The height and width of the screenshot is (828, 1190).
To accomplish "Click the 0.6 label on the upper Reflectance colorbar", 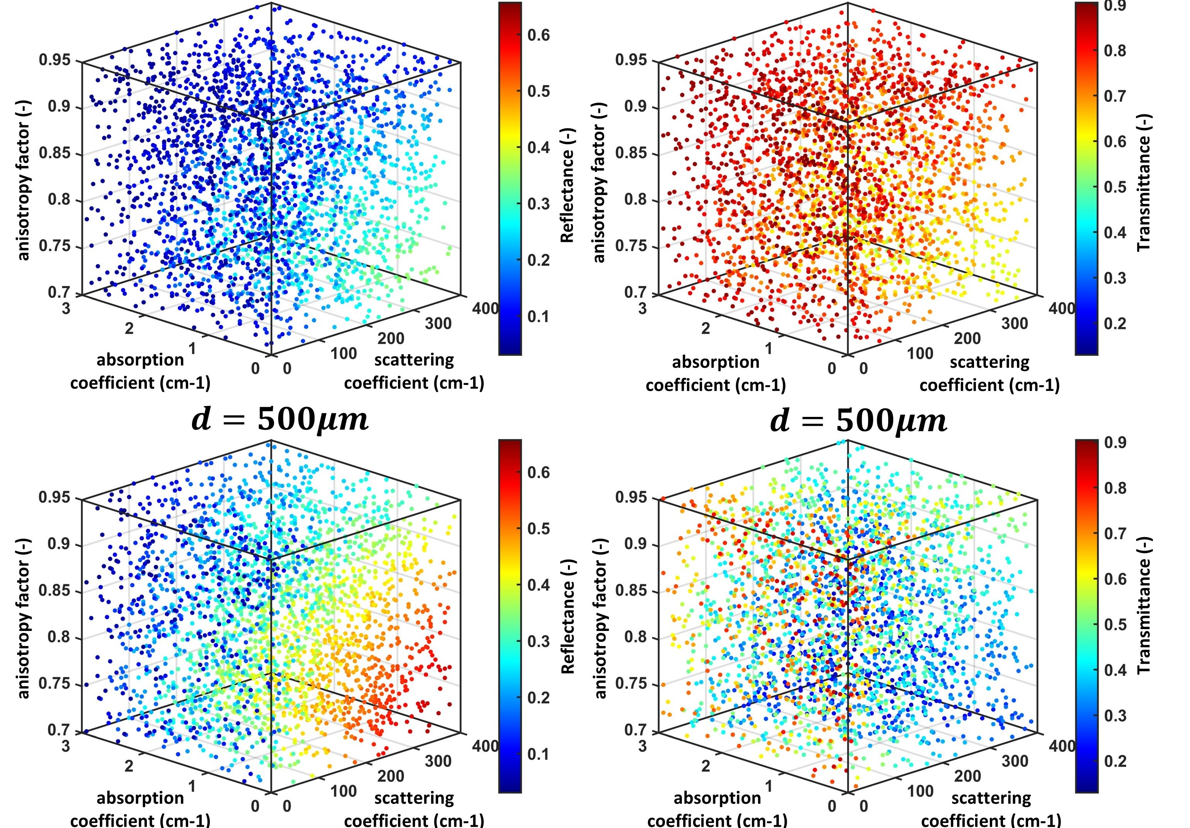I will coord(539,35).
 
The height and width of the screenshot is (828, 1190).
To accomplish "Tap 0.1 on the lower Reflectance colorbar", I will coord(539,754).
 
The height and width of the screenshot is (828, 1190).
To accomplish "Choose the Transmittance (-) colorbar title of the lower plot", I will coord(1144,605).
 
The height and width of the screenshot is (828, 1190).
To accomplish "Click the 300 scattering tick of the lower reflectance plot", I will coord(438,761).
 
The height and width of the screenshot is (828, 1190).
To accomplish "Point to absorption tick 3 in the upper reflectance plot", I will coord(66,309).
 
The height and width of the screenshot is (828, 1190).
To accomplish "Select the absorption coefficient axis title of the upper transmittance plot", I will coord(716,374).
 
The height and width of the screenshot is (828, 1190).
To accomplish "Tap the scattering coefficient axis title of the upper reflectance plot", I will coord(414,372).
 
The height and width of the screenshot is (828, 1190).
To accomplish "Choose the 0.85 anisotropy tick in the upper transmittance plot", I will coord(631,154).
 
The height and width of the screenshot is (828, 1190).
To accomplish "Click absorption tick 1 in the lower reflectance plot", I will coord(192,786).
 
